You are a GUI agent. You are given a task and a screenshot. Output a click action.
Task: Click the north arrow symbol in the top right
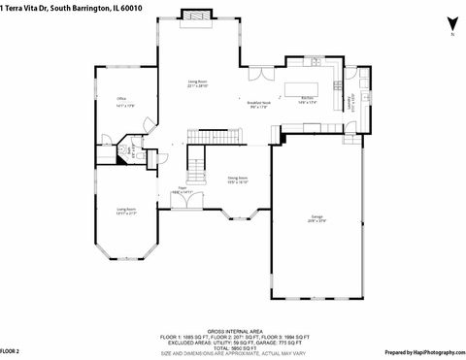tap(449, 24)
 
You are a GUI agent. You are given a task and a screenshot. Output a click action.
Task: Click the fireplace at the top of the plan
tap(198, 16)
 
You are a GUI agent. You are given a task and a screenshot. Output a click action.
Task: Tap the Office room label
tap(122, 100)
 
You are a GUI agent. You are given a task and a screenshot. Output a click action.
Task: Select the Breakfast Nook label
tap(258, 105)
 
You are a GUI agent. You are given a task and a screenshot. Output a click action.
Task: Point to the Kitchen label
tap(306, 100)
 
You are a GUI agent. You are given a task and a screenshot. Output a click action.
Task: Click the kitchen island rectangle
tap(303, 89)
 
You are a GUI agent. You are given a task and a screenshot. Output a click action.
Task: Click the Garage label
tap(317, 217)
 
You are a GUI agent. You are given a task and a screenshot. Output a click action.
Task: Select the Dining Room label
tap(238, 180)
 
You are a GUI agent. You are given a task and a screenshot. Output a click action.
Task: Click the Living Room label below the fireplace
tap(198, 84)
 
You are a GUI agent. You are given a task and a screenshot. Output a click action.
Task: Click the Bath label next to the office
tap(123, 150)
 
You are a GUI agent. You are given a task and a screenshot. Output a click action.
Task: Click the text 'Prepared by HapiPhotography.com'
tap(423, 351)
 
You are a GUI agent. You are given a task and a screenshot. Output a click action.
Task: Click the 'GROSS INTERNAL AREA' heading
tap(232, 331)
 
